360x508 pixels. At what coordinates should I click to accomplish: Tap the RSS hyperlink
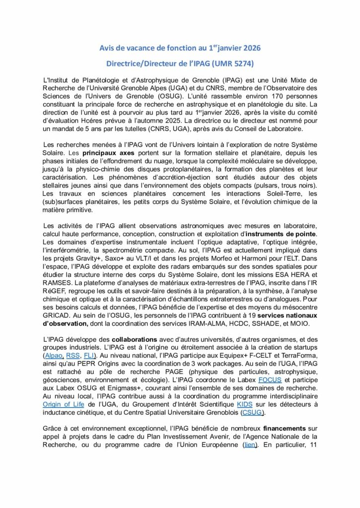tap(73, 356)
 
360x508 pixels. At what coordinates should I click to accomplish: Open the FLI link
tap(89, 356)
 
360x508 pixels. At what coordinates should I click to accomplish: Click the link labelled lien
tap(250, 445)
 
